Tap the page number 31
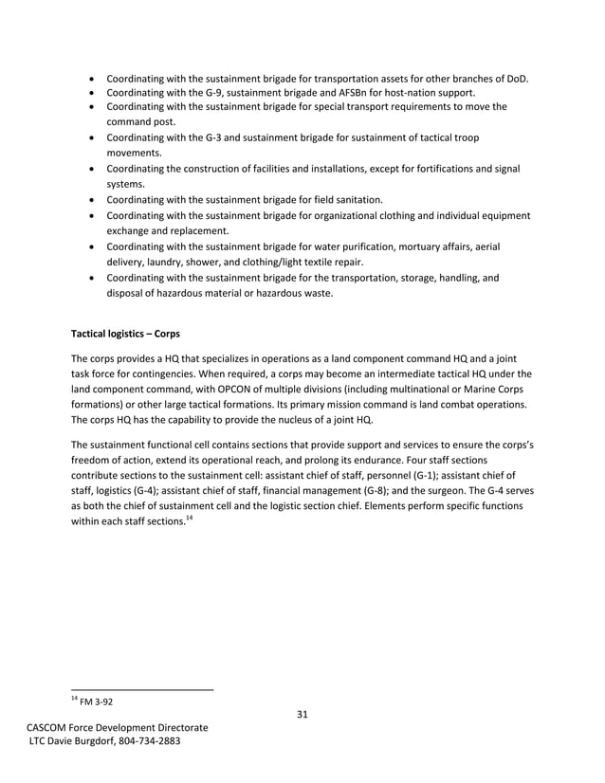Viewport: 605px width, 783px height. click(x=302, y=714)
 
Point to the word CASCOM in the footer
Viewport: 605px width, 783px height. click(x=50, y=727)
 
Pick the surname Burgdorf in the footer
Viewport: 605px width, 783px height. click(x=88, y=740)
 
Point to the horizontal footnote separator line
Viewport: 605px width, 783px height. click(x=142, y=689)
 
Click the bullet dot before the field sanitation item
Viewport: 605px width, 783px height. click(x=90, y=201)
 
